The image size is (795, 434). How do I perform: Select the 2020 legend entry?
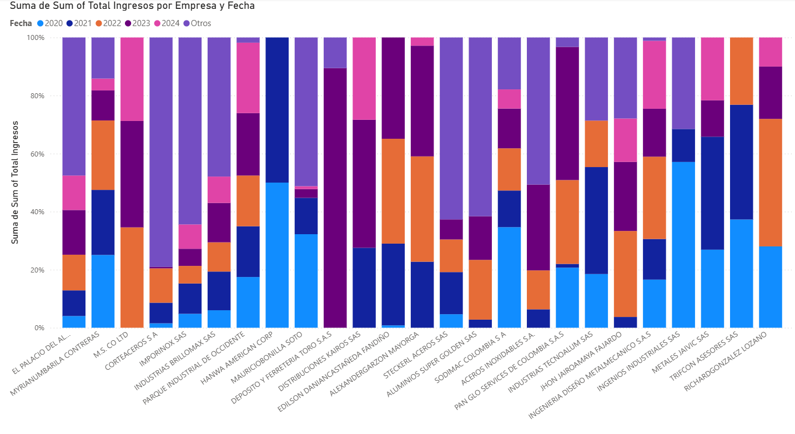coord(49,23)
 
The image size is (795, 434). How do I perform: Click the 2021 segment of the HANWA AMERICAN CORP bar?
coord(277,110)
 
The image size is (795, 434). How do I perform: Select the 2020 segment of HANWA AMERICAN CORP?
coord(277,255)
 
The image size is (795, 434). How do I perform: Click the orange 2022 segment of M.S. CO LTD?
coord(132,277)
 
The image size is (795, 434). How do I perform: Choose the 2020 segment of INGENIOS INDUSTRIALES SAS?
coord(683,245)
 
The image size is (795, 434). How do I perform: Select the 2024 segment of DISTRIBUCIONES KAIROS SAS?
coord(364,78)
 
